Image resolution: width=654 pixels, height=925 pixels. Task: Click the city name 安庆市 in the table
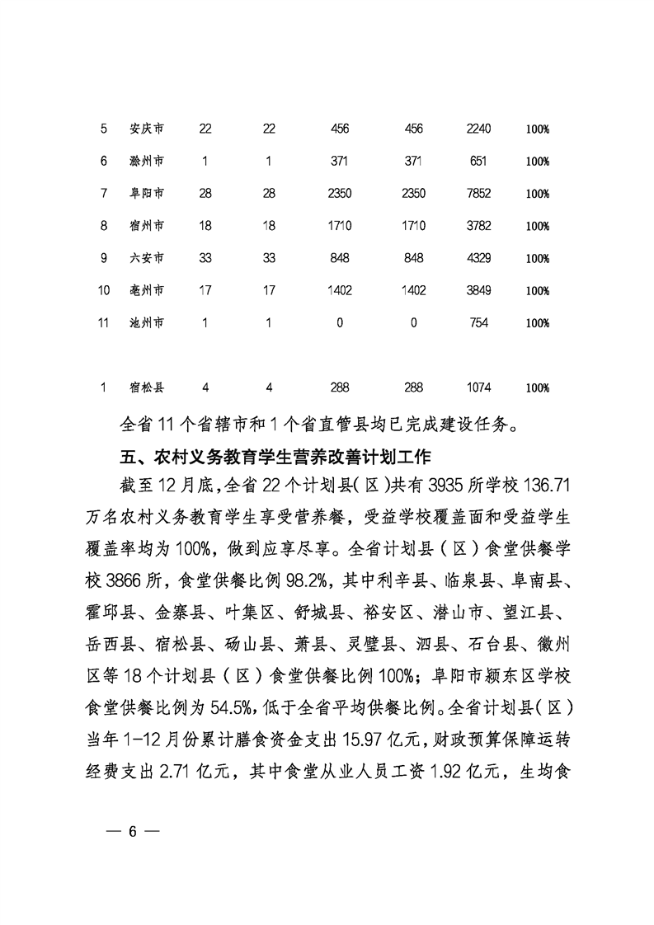147,129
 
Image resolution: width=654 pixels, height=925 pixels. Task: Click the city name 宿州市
147,226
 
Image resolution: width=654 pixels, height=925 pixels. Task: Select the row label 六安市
147,258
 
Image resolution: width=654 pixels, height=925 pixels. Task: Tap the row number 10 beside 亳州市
104,290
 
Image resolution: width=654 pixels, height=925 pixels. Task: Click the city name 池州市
147,323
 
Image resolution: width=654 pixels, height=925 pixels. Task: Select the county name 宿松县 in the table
147,387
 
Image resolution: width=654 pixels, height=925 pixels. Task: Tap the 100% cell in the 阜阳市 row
538,194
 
